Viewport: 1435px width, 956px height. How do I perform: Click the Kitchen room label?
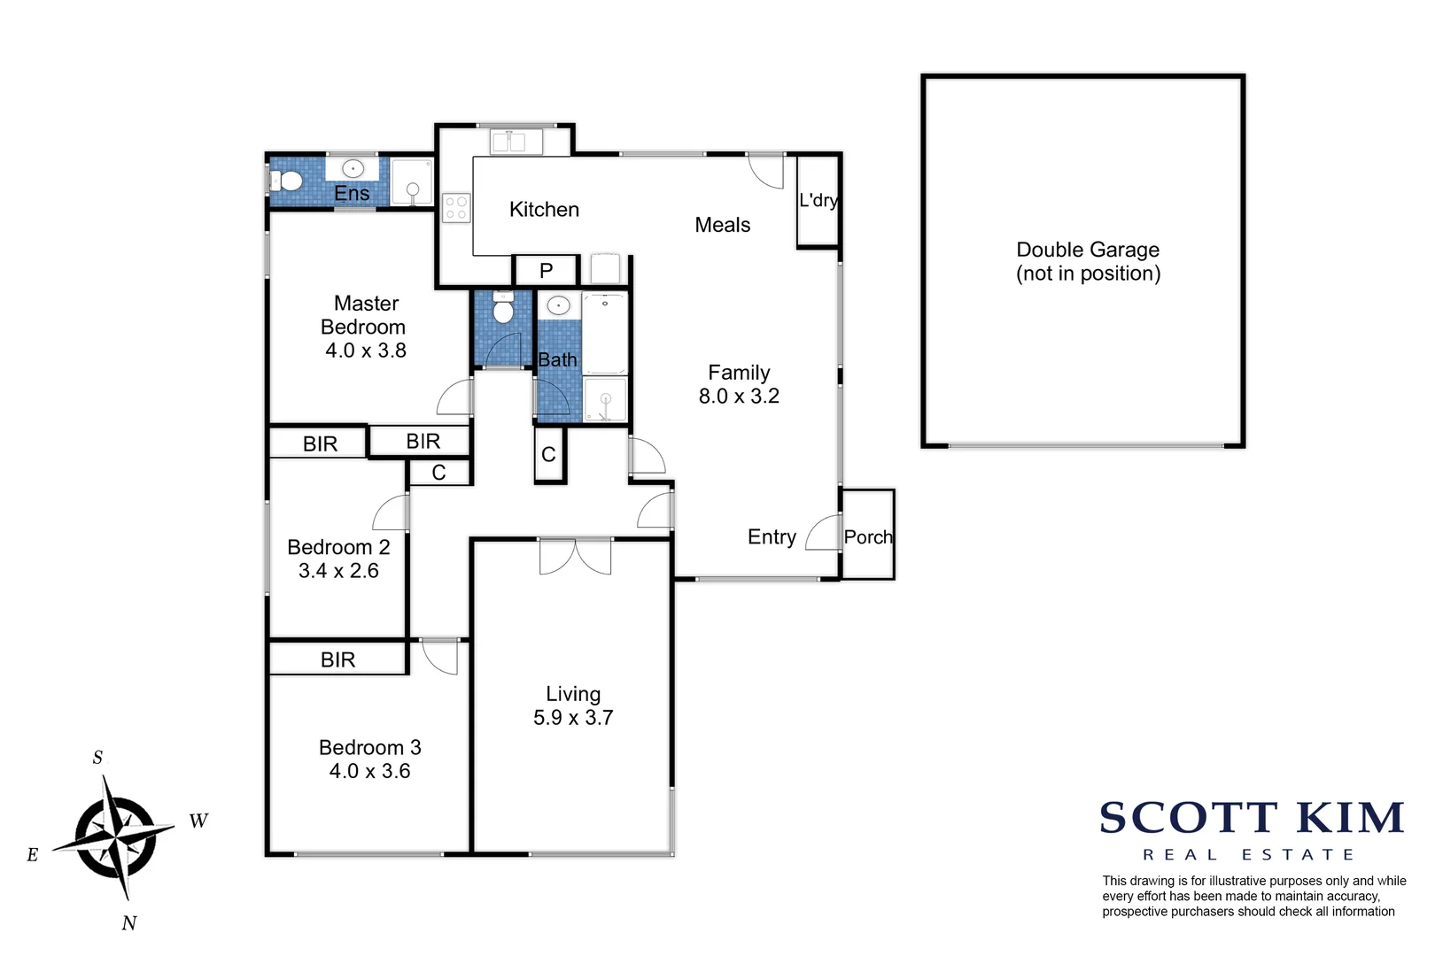[x=544, y=210]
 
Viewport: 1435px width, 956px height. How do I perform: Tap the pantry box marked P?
[x=547, y=271]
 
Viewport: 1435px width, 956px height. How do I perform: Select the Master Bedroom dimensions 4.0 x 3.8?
[x=365, y=351]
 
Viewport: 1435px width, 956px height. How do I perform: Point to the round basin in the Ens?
[x=353, y=168]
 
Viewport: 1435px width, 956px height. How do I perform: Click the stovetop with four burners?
[x=456, y=209]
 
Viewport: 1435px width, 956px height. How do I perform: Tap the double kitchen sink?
[x=516, y=141]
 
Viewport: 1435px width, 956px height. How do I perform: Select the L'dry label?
[x=818, y=200]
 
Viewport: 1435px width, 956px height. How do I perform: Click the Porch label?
[x=868, y=537]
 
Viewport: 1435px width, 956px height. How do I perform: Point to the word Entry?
[x=772, y=537]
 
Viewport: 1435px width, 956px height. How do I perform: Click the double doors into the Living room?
[x=575, y=556]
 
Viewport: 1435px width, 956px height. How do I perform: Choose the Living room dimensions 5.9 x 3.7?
[x=573, y=718]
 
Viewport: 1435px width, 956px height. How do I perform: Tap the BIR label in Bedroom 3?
[x=337, y=659]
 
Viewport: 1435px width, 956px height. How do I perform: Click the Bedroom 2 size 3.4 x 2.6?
[x=338, y=571]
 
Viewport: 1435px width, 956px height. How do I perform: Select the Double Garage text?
[x=1088, y=250]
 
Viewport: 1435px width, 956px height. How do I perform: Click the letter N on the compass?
[x=129, y=923]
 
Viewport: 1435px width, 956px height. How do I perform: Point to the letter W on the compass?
[x=198, y=821]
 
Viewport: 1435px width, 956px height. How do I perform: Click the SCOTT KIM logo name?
[x=1251, y=818]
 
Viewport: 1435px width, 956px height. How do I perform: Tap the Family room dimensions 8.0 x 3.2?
[x=739, y=397]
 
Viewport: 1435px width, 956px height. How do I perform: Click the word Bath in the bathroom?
[x=557, y=360]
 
